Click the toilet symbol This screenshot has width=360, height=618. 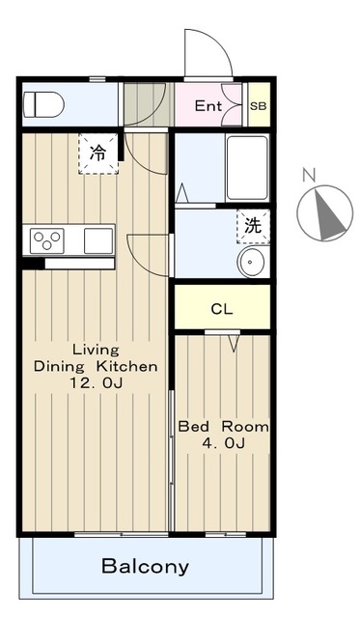pyautogui.click(x=43, y=104)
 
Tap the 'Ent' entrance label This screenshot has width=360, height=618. pyautogui.click(x=208, y=105)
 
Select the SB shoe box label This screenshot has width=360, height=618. pyautogui.click(x=259, y=105)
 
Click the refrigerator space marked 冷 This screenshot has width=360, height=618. pyautogui.click(x=98, y=154)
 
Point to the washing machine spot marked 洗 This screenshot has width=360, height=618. pyautogui.click(x=253, y=226)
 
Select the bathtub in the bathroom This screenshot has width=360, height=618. pyautogui.click(x=247, y=168)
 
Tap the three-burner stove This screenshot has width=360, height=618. pyautogui.click(x=47, y=240)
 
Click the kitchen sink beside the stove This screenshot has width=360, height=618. pyautogui.click(x=98, y=240)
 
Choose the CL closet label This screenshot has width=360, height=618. pyautogui.click(x=222, y=309)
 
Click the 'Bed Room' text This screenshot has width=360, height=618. pyautogui.click(x=223, y=427)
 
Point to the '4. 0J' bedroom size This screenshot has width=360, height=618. pyautogui.click(x=223, y=443)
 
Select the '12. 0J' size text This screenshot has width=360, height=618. pyautogui.click(x=97, y=382)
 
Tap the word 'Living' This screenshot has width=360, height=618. pyautogui.click(x=96, y=350)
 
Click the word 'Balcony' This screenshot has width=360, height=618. pyautogui.click(x=146, y=567)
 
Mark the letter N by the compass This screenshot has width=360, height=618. pyautogui.click(x=310, y=174)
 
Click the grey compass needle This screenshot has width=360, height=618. pyautogui.click(x=329, y=214)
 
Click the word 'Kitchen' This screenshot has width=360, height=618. pyautogui.click(x=127, y=366)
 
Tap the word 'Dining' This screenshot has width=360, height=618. pyautogui.click(x=59, y=367)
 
